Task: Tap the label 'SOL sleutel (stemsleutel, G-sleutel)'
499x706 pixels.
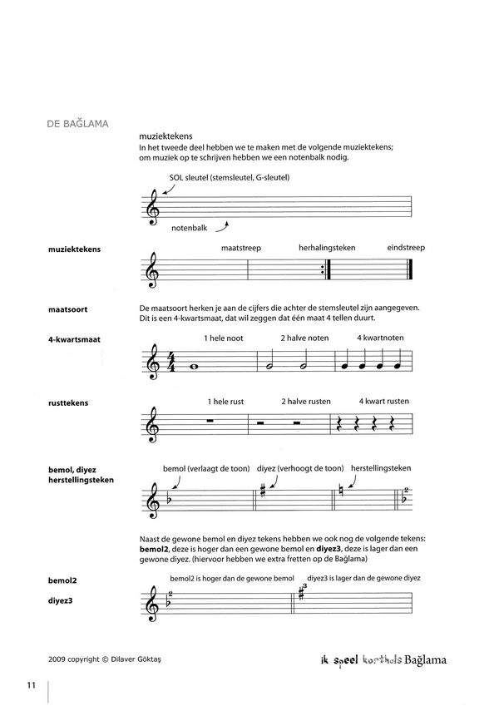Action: (x=225, y=177)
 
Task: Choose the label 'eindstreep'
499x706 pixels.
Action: (x=407, y=249)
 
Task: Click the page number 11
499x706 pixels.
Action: (x=30, y=685)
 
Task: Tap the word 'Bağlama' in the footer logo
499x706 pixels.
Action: (x=422, y=661)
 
